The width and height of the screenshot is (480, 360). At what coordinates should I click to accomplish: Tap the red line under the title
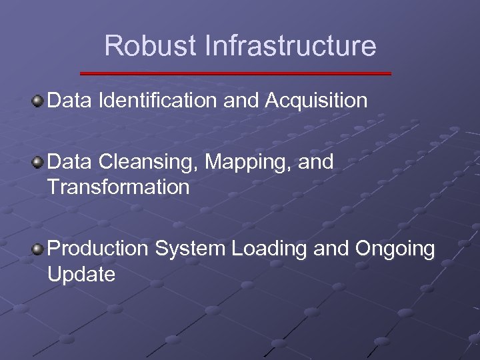click(x=235, y=73)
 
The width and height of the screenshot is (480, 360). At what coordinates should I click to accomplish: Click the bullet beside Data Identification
click(x=38, y=101)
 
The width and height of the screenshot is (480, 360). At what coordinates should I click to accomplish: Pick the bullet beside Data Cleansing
click(x=38, y=162)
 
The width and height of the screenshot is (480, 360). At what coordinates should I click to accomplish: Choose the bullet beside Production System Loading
click(x=38, y=249)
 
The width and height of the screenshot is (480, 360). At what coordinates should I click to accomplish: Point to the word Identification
click(x=157, y=101)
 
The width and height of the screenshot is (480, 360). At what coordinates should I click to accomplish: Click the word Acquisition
click(x=316, y=101)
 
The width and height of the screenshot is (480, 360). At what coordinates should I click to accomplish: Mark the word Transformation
click(x=119, y=187)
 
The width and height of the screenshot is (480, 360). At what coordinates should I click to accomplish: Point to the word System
click(x=190, y=249)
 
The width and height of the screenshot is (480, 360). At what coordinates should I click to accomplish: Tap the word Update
click(x=81, y=274)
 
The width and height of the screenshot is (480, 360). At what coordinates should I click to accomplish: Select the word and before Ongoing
click(x=331, y=249)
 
